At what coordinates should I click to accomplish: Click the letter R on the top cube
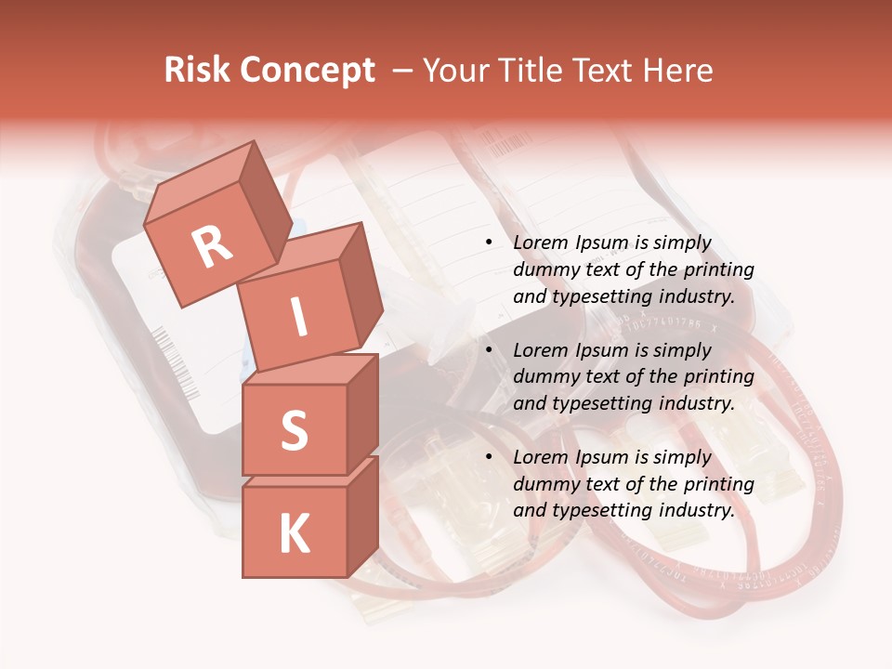pos(212,247)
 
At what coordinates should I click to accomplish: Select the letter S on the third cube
pos(294,430)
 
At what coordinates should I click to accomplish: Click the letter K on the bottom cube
pos(294,534)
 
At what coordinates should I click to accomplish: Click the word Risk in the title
pos(198,71)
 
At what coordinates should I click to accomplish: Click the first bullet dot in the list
pos(489,243)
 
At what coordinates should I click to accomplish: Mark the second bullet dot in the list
pos(489,350)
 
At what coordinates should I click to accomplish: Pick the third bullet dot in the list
pos(489,457)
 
